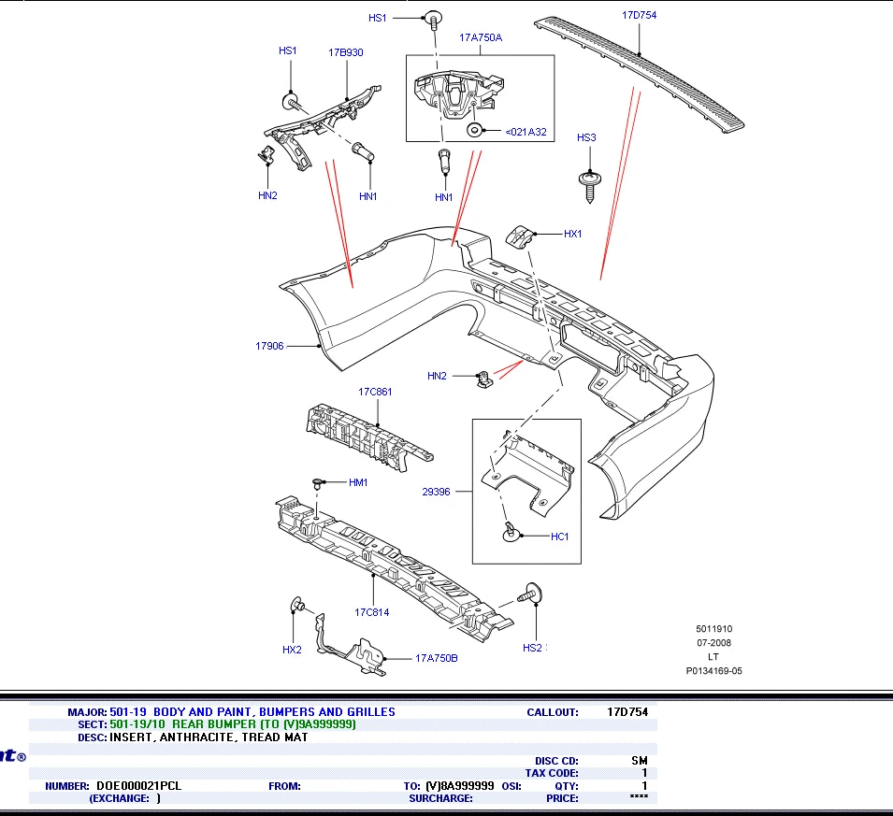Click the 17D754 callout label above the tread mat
point(639,15)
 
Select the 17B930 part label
point(346,52)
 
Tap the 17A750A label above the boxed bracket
point(481,37)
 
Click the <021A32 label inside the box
point(526,132)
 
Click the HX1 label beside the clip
point(572,234)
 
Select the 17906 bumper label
point(269,346)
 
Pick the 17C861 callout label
point(375,392)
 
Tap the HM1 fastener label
point(358,483)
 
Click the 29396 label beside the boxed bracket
point(436,492)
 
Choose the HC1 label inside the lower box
point(559,537)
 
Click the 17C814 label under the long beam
point(372,613)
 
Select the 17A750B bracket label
point(437,658)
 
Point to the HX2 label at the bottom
point(292,650)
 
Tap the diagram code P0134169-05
point(713,671)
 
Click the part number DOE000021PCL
point(138,786)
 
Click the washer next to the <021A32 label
point(474,131)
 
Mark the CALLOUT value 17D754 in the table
point(627,712)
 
